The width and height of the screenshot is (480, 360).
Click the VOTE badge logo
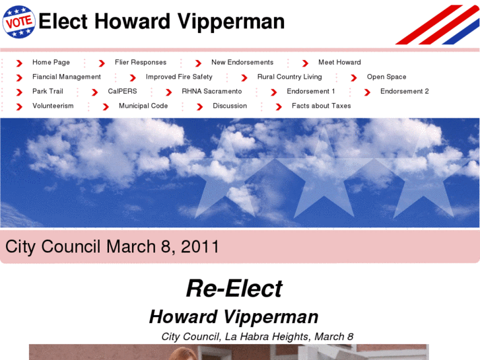pos(19,21)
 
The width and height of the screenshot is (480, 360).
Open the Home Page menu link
pos(51,62)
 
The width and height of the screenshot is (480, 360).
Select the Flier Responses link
pos(141,62)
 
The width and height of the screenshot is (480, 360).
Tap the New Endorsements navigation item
pos(242,62)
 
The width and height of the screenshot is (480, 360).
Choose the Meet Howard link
pos(339,62)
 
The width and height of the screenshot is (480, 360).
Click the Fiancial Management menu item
pos(67,77)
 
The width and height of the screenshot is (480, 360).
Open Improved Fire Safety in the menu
pos(179,77)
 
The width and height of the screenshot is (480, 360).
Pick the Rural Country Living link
pos(289,77)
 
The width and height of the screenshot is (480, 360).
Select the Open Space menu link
pos(386,77)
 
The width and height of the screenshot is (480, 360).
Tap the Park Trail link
pos(48,91)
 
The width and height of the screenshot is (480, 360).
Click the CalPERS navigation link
pos(122,91)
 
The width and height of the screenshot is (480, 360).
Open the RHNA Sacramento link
pos(212,91)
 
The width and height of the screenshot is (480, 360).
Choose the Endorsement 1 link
pos(310,91)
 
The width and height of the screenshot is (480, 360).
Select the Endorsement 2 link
pos(404,91)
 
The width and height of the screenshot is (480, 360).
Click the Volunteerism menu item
pos(53,106)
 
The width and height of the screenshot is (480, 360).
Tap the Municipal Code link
pos(143,106)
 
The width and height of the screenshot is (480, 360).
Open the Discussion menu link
pos(230,106)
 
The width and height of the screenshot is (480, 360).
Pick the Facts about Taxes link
pos(322,106)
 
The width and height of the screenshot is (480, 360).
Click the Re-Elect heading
pos(234,289)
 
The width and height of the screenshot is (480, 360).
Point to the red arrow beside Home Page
pos(20,63)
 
